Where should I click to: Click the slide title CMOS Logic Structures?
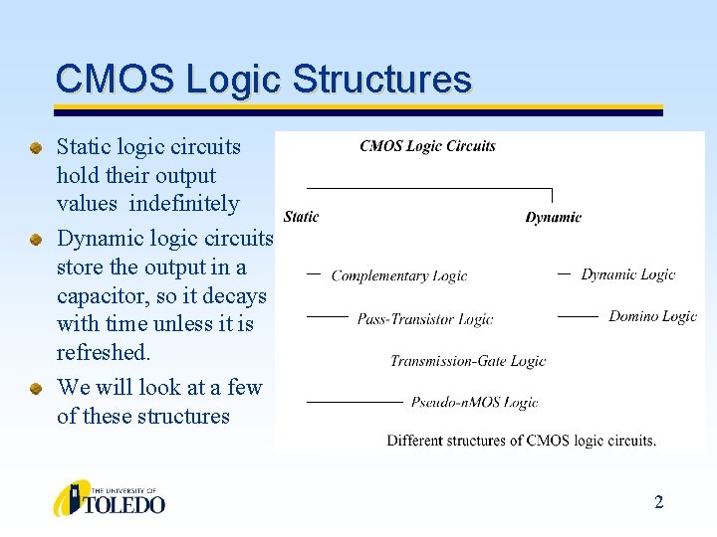[x=263, y=79]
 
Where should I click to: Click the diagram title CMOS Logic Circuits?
[x=427, y=146]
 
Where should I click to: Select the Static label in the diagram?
[x=301, y=217]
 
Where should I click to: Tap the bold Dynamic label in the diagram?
[x=553, y=217]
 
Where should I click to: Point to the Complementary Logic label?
[x=398, y=275]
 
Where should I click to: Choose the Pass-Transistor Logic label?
[x=425, y=319]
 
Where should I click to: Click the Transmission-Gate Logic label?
[x=467, y=361]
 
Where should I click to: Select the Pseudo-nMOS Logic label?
[x=474, y=402]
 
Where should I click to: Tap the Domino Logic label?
[x=652, y=316]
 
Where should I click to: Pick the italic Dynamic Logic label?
[x=627, y=274]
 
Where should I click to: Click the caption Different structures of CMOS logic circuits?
[x=521, y=440]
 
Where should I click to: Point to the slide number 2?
[x=658, y=502]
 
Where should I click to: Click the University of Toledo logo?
[x=109, y=498]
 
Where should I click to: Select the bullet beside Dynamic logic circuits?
[x=36, y=240]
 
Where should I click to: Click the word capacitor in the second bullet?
[x=98, y=296]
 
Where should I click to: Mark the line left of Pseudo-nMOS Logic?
[x=354, y=402]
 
